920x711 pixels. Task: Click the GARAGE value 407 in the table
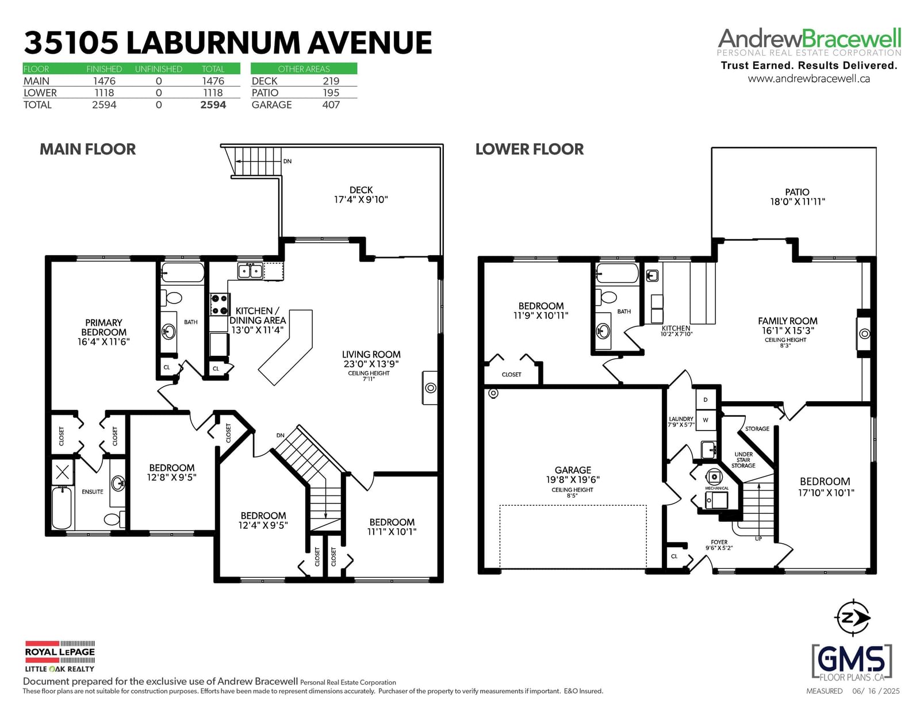coord(331,105)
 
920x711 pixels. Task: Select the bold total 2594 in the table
coord(213,105)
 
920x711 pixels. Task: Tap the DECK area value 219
coord(331,81)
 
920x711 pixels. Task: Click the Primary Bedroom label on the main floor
coord(103,327)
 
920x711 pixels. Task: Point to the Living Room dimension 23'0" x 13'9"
coord(371,364)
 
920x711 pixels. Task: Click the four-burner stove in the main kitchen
coord(220,305)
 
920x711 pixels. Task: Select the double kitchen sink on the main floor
coord(250,271)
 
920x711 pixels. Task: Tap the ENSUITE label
coord(93,491)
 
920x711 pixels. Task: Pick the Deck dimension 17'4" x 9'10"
coord(361,199)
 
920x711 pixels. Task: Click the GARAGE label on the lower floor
coord(573,470)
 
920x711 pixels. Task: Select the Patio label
coord(797,192)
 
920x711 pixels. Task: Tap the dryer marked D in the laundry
coord(706,399)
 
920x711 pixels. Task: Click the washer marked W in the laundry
coord(706,420)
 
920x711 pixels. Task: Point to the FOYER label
coord(719,542)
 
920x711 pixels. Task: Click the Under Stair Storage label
coord(743,460)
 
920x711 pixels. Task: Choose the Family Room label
coord(788,321)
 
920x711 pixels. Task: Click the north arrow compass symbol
coord(852,617)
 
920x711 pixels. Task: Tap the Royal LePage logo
coord(60,656)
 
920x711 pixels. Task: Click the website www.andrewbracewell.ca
coord(808,79)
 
